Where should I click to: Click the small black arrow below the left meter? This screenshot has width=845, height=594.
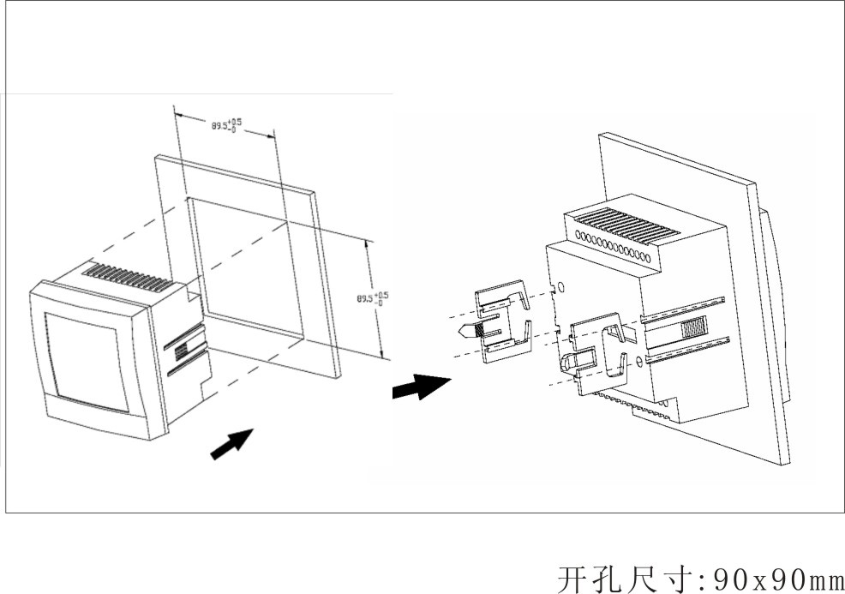231,443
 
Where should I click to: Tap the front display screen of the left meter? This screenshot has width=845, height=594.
86,361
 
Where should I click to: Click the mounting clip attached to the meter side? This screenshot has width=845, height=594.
600,351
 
